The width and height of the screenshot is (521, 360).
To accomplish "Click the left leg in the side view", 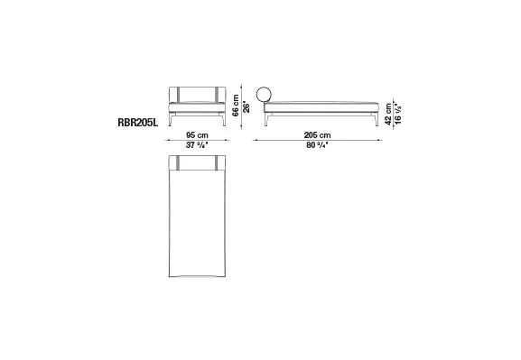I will (x=268, y=121).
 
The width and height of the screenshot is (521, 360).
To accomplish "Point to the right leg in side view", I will (x=371, y=121).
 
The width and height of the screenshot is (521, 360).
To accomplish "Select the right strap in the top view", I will (x=217, y=162).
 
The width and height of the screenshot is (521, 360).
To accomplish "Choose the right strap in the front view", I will (x=217, y=96).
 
